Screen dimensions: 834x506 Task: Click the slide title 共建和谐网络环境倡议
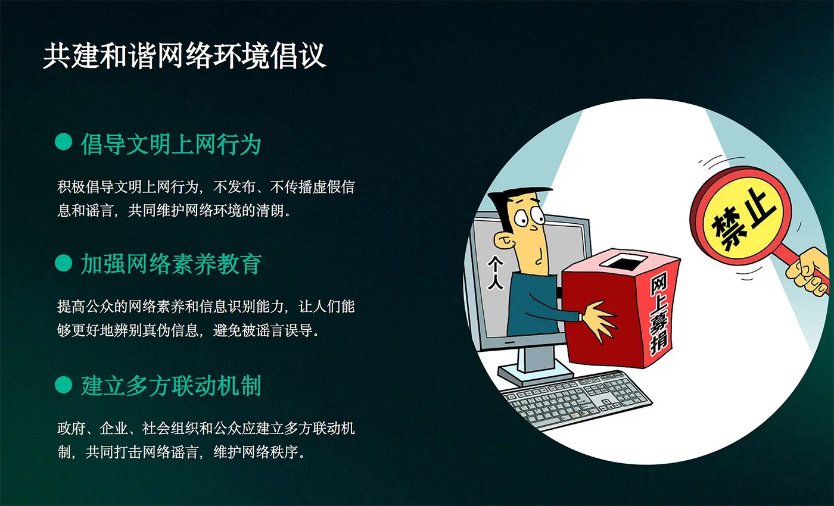[x=185, y=56]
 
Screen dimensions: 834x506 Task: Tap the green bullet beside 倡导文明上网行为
[x=63, y=142]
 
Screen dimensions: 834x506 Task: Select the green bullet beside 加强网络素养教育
[x=63, y=263]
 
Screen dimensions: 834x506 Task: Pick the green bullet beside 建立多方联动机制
[x=63, y=385]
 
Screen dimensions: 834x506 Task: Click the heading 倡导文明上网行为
[x=171, y=144]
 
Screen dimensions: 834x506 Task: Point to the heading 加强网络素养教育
[x=171, y=264]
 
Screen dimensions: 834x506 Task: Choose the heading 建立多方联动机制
[x=171, y=386]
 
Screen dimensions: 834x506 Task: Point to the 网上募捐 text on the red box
[x=659, y=313]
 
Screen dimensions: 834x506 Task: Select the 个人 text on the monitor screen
[x=496, y=273]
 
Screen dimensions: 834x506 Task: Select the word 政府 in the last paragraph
[x=71, y=428]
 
